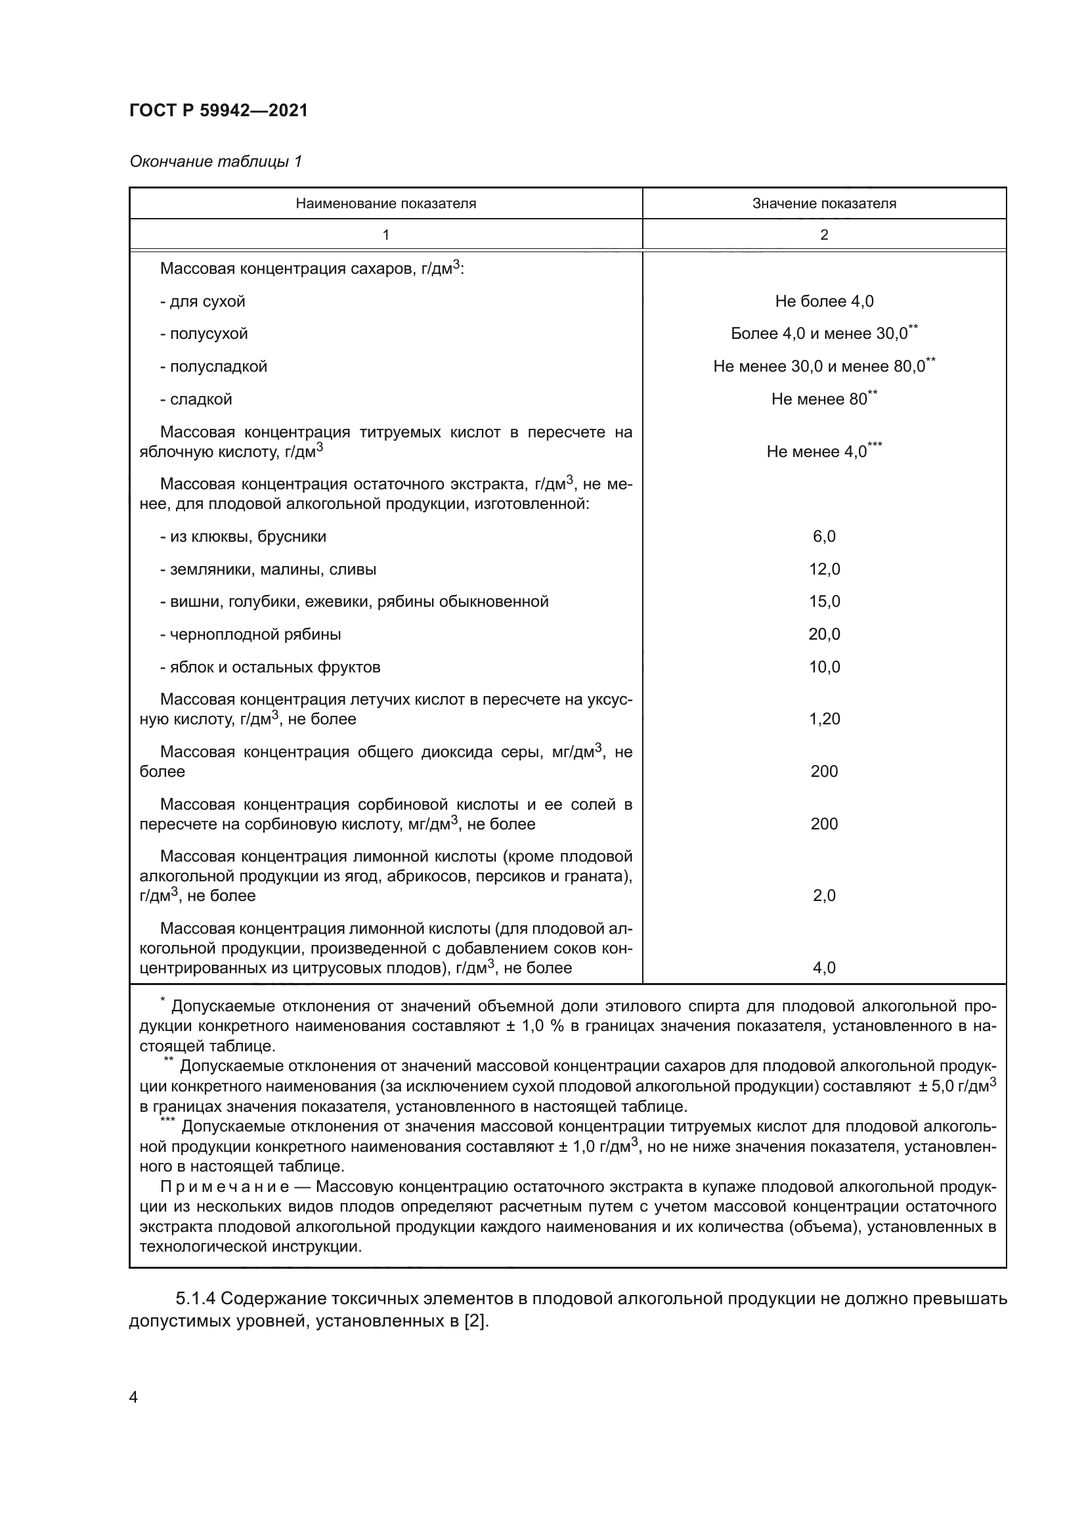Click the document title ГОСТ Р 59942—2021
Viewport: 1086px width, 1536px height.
pyautogui.click(x=218, y=110)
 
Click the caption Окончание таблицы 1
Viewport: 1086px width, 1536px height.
pyautogui.click(x=215, y=162)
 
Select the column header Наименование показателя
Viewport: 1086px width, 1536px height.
pyautogui.click(x=386, y=204)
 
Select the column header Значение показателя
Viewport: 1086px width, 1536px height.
pyautogui.click(x=824, y=204)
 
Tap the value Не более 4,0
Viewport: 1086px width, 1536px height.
pyautogui.click(x=824, y=301)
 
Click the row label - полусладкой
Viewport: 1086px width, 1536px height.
pyautogui.click(x=213, y=366)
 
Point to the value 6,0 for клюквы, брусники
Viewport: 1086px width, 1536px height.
pyautogui.click(x=824, y=537)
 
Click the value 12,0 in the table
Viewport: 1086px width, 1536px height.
pyautogui.click(x=824, y=569)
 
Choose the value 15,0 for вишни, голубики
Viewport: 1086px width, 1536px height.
pyautogui.click(x=824, y=602)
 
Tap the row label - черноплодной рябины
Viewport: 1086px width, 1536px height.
pyautogui.click(x=250, y=634)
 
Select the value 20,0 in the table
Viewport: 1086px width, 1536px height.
pyautogui.click(x=824, y=634)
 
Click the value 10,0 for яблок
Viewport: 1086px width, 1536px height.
pyautogui.click(x=824, y=667)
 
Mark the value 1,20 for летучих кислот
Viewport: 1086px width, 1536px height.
pyautogui.click(x=824, y=719)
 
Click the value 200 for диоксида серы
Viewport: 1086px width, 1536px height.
pyautogui.click(x=824, y=772)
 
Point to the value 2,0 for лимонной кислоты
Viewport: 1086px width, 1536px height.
pyautogui.click(x=824, y=896)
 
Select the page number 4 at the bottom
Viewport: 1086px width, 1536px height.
pyautogui.click(x=133, y=1397)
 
